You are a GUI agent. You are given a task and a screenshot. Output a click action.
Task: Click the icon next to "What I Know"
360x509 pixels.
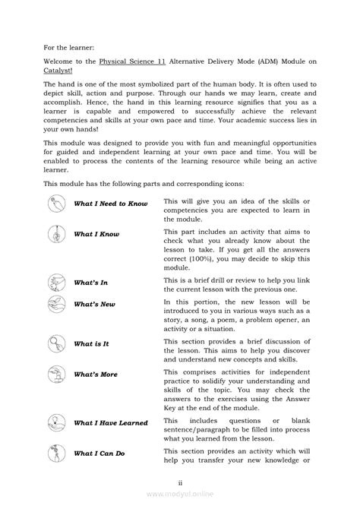coord(56,234)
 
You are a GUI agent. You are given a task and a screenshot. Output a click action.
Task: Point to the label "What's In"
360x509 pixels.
coord(90,283)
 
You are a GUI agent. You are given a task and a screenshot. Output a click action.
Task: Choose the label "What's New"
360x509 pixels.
coord(94,305)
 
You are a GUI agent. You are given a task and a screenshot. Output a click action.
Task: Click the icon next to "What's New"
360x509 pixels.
coord(56,305)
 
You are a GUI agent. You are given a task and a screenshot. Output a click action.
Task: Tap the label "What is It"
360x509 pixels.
coord(92,343)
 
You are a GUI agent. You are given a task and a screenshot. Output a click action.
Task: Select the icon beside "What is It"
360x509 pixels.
coord(56,343)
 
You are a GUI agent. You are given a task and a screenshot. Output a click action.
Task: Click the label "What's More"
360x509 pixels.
coord(96,375)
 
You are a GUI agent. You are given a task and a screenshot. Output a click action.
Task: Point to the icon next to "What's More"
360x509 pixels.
coord(56,374)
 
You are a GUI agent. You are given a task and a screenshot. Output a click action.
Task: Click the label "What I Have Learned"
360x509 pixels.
coord(111,423)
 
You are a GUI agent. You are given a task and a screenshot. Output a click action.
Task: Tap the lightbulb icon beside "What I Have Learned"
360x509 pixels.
coord(56,422)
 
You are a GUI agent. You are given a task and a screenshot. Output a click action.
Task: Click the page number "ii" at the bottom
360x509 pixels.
coord(180,482)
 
